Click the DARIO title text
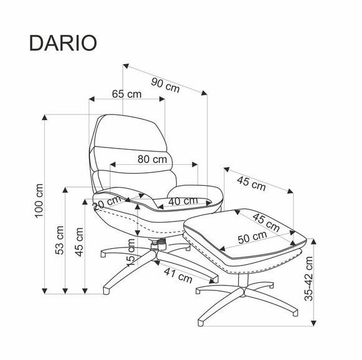click(63, 43)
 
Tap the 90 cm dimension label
click(165, 85)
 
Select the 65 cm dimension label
click(127, 94)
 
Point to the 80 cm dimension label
click(152, 159)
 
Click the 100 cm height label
click(39, 201)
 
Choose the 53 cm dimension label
click(60, 240)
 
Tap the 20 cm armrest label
click(107, 203)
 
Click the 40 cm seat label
click(183, 201)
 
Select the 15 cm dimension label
click(131, 253)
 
